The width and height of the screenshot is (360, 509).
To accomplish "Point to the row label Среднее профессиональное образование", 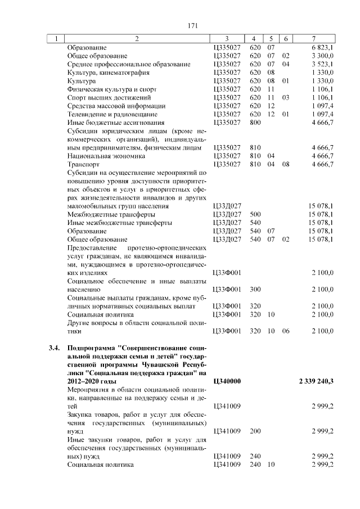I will tap(129, 65).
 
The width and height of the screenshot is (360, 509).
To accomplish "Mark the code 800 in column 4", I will tap(255, 122).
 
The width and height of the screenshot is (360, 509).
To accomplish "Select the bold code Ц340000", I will tap(228, 381).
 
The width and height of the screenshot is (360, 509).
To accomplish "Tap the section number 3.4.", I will tap(55, 348).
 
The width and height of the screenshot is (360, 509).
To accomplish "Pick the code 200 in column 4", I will tap(255, 430).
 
